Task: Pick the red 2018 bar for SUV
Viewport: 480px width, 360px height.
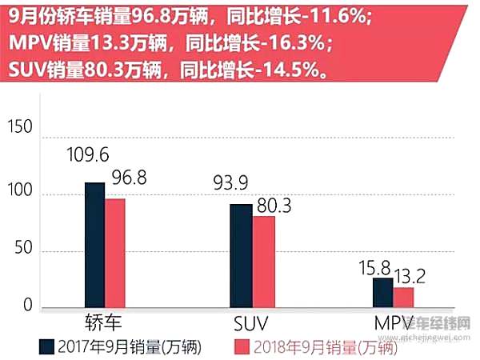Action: click(263, 261)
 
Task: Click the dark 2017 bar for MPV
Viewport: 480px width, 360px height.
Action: click(382, 292)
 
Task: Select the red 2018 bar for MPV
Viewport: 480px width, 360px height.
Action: click(403, 296)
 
